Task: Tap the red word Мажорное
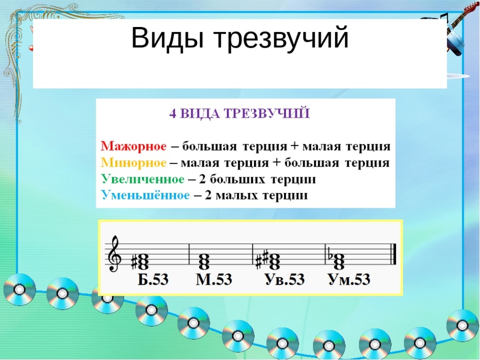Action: (134, 146)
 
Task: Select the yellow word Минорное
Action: (133, 162)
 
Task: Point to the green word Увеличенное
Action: (143, 179)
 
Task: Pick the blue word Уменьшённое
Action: (146, 195)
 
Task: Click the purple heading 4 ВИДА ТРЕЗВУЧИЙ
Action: (239, 113)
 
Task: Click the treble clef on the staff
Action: (114, 254)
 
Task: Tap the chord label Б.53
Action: (153, 279)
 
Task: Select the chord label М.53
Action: (214, 279)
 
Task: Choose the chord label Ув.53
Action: (285, 279)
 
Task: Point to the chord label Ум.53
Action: (349, 279)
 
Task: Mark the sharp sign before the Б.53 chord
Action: (134, 262)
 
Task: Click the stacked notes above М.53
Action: (204, 261)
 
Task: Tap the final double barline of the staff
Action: (393, 254)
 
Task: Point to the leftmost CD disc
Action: (19, 289)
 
